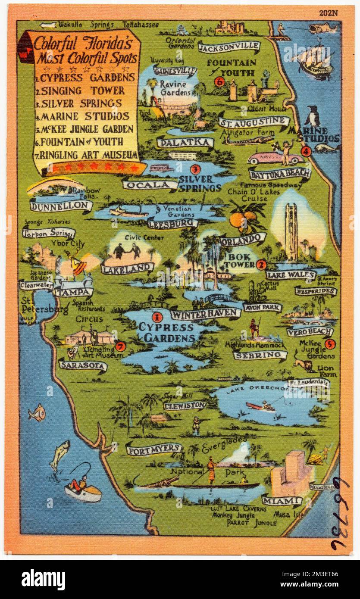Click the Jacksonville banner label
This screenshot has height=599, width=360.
coord(229,46)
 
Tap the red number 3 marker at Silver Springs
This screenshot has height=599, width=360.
coord(194,169)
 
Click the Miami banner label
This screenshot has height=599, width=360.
coord(282,501)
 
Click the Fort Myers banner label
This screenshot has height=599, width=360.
coord(154,449)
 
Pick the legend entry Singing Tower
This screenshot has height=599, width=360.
coord(80,90)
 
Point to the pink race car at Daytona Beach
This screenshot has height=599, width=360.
coord(275,158)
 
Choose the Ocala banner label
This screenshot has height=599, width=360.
coord(150,184)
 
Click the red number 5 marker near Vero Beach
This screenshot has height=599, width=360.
coord(330,343)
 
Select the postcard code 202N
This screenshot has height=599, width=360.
coord(329,12)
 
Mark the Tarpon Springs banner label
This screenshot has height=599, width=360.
coord(48,233)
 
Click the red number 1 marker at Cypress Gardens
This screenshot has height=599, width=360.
coord(157,318)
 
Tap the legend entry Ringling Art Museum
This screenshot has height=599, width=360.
coord(86,155)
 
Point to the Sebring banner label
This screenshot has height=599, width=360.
coord(260,355)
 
